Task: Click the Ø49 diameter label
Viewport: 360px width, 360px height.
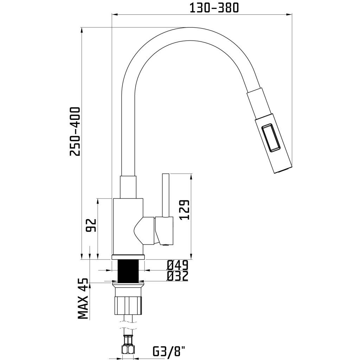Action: pyautogui.click(x=178, y=265)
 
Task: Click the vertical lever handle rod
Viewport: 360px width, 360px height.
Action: pyautogui.click(x=165, y=195)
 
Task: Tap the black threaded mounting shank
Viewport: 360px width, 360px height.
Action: pyautogui.click(x=128, y=270)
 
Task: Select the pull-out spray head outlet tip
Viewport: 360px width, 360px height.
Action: pyautogui.click(x=282, y=171)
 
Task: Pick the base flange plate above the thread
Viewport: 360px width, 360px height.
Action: pyautogui.click(x=128, y=257)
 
